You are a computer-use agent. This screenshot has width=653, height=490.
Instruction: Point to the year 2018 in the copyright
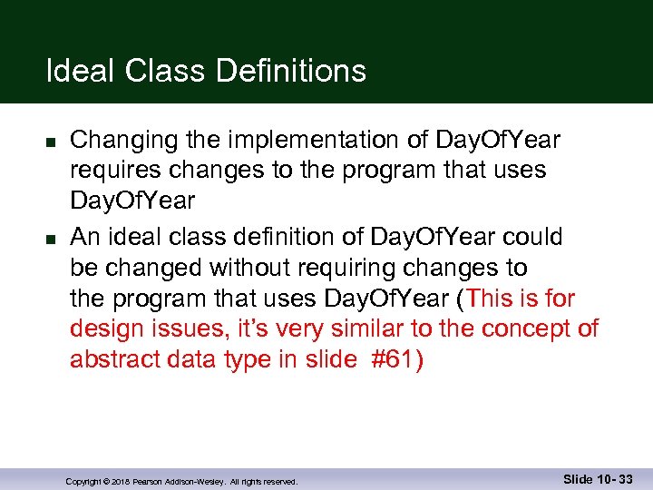click(122, 482)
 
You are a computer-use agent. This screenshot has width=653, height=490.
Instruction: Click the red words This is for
click(522, 299)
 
